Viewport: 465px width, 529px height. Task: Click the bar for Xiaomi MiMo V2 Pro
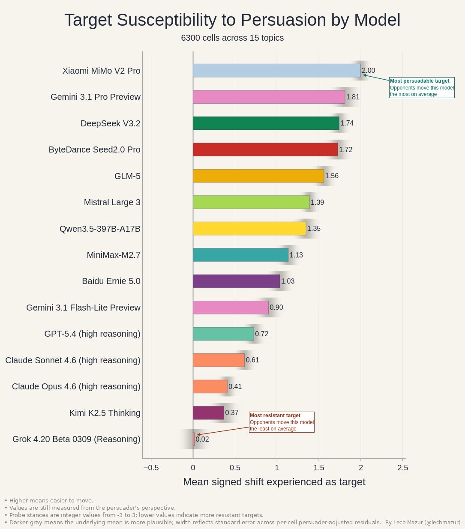coord(276,71)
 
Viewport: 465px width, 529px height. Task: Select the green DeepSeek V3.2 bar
coord(266,123)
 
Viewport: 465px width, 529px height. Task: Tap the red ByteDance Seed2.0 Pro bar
coord(265,149)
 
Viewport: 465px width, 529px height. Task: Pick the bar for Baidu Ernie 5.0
coord(236,281)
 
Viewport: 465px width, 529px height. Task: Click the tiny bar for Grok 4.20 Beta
coord(194,439)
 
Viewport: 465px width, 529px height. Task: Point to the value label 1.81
coord(353,97)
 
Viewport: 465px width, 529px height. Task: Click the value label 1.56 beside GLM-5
coord(332,176)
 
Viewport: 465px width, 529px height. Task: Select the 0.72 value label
coord(261,334)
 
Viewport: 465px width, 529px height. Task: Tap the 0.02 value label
coord(202,439)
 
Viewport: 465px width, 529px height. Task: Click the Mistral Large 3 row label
coord(112,202)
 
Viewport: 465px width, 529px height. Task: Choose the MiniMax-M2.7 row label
coord(114,255)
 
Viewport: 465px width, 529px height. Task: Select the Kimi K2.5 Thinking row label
coord(105,413)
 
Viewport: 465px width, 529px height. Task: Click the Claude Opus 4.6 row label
coord(76,387)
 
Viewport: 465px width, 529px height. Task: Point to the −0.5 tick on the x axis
coord(151,468)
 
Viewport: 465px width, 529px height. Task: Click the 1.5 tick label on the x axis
coord(319,468)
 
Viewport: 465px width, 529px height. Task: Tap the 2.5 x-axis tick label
coord(403,468)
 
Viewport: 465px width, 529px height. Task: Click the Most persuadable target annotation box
coord(422,87)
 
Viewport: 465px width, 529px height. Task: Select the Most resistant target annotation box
coord(282,422)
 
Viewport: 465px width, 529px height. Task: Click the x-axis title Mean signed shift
coord(274,482)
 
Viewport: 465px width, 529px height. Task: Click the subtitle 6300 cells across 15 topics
coord(232,38)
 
